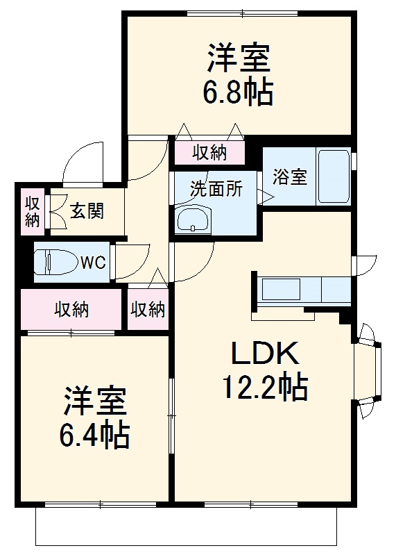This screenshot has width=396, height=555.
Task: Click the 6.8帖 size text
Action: click(x=237, y=92)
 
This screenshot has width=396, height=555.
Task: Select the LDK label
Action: click(x=264, y=354)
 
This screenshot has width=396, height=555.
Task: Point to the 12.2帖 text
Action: click(x=264, y=386)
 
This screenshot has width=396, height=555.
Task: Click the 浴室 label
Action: click(x=289, y=177)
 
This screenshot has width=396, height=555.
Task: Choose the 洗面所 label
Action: click(x=216, y=188)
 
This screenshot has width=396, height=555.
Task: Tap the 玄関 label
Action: click(x=87, y=210)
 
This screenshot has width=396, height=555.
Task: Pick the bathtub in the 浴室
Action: click(x=334, y=176)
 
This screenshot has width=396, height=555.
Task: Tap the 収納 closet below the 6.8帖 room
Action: click(x=209, y=151)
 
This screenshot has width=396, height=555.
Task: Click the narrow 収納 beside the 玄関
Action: click(x=33, y=210)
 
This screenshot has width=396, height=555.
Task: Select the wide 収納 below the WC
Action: click(x=72, y=309)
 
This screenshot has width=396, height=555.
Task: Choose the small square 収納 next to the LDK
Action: click(x=148, y=309)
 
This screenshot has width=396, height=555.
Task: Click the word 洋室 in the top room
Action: click(x=237, y=58)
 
